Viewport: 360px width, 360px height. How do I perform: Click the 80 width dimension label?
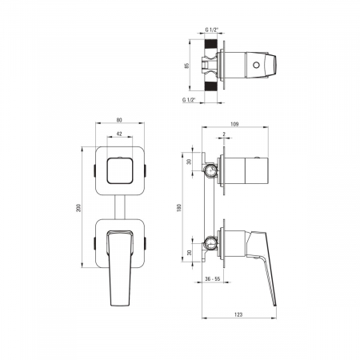point(119,120)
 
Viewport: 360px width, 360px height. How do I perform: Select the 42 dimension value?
point(119,134)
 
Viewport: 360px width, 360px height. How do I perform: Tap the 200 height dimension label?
point(78,208)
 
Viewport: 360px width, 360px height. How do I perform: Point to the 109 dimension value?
point(234,124)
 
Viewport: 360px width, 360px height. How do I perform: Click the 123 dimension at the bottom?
point(238,314)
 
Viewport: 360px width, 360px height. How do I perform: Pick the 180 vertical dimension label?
point(179,208)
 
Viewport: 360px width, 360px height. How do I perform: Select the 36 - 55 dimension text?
point(212,278)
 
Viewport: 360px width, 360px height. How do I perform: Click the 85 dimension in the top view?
point(186,66)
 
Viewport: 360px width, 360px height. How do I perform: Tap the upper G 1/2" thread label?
point(211,30)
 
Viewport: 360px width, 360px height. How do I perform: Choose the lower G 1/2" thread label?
point(189,100)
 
